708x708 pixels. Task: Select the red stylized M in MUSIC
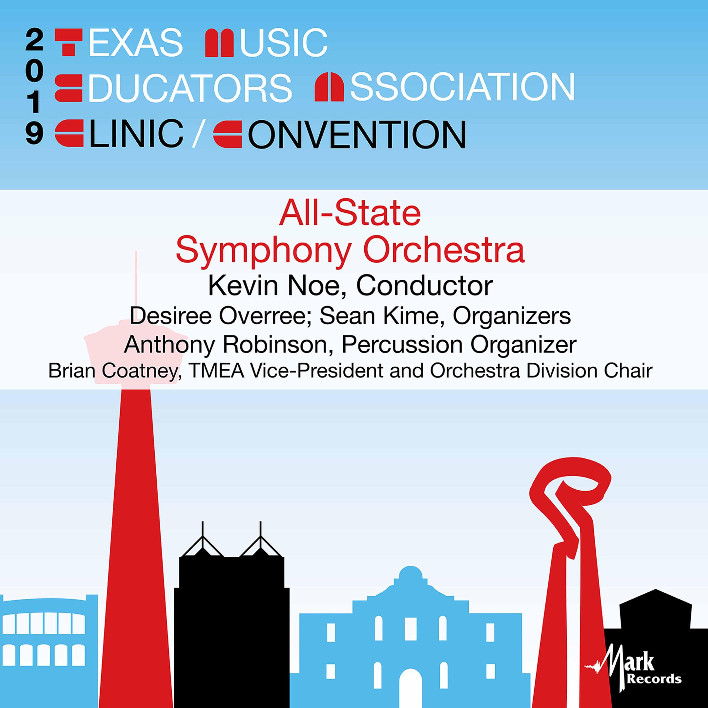point(219,43)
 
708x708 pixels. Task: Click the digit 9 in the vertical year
point(35,134)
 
